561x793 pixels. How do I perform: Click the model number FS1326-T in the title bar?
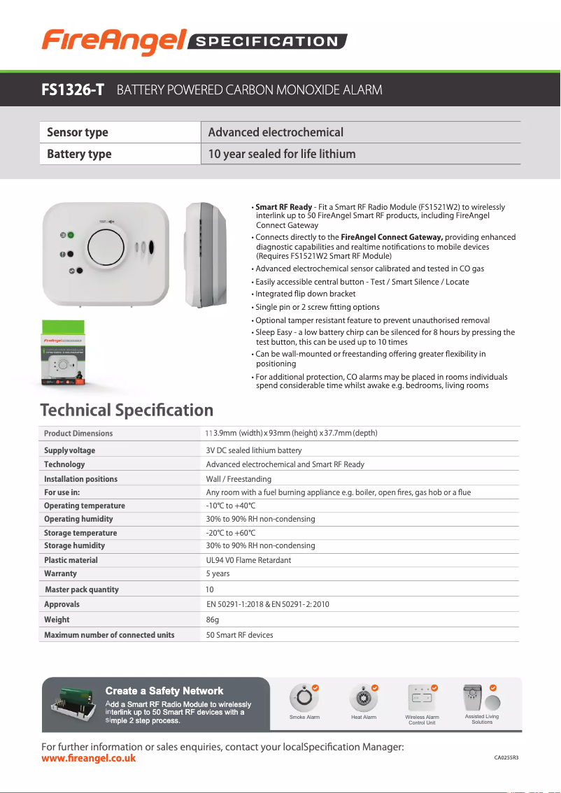point(73,90)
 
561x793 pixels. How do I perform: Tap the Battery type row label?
point(79,154)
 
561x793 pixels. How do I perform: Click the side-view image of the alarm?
point(206,255)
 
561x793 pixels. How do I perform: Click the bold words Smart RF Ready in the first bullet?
point(283,207)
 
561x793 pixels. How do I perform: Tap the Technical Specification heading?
point(127,410)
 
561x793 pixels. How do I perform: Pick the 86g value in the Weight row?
point(213,620)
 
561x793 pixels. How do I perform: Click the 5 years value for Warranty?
point(218,573)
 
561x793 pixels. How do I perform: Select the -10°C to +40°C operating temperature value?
point(231,506)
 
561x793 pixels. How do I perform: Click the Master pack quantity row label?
point(82,590)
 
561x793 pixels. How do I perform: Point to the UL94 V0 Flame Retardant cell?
point(248,560)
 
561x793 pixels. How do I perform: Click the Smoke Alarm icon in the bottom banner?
point(304,698)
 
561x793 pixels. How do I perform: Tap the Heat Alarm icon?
point(364,698)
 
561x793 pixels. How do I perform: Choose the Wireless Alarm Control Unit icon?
point(422,698)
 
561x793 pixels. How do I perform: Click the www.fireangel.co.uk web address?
point(89,758)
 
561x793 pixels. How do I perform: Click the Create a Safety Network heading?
point(164,691)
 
